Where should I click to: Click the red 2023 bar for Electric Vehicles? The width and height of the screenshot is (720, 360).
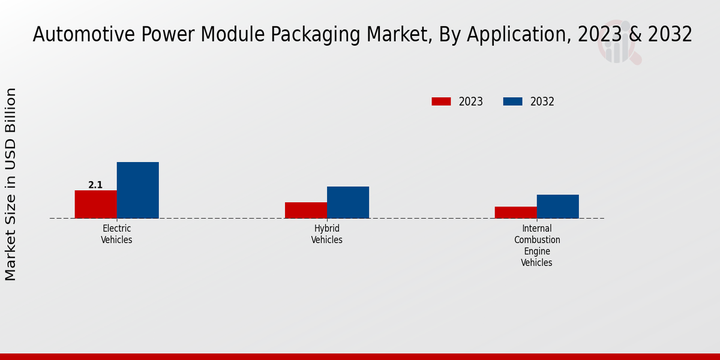pyautogui.click(x=95, y=204)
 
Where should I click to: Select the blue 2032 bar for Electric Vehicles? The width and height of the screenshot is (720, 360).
pyautogui.click(x=137, y=190)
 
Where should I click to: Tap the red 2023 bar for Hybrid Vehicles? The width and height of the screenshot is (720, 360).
pyautogui.click(x=305, y=210)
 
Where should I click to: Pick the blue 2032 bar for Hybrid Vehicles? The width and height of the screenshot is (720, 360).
pyautogui.click(x=347, y=202)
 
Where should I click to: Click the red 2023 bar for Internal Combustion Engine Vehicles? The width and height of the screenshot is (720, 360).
pyautogui.click(x=515, y=212)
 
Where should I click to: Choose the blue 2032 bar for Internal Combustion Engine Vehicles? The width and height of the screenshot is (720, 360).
pyautogui.click(x=557, y=206)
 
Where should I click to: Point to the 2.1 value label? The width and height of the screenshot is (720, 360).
pyautogui.click(x=95, y=185)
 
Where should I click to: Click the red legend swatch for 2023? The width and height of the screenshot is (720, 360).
pyautogui.click(x=441, y=101)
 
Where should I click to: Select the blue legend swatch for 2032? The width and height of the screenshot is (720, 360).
pyautogui.click(x=512, y=101)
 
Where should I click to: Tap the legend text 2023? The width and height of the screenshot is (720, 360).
pyautogui.click(x=471, y=101)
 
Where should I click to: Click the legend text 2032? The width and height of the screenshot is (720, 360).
pyautogui.click(x=542, y=101)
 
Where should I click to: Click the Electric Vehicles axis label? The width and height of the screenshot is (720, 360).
pyautogui.click(x=116, y=234)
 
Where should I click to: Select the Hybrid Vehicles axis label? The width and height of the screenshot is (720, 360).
pyautogui.click(x=326, y=234)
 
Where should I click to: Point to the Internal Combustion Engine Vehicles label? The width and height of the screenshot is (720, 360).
pyautogui.click(x=536, y=245)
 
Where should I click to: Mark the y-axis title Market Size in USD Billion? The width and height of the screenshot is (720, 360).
pyautogui.click(x=11, y=184)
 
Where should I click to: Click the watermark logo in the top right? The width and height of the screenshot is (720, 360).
pyautogui.click(x=619, y=43)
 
